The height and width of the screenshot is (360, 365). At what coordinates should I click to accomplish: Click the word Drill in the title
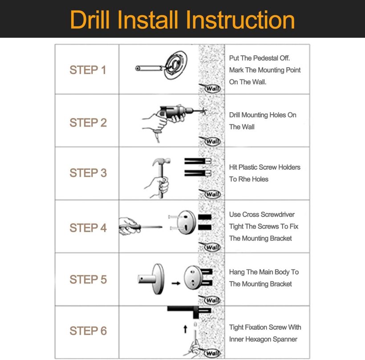[89, 20]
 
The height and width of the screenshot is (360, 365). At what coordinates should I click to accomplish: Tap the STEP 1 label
[88, 70]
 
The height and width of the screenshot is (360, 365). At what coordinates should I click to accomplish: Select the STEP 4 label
[88, 228]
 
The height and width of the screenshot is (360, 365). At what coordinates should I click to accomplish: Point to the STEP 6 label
[88, 331]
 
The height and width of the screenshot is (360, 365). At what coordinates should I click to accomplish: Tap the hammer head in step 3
[162, 161]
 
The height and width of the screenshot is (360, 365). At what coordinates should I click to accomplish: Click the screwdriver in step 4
[141, 227]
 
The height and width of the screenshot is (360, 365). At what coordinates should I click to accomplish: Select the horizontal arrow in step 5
[176, 283]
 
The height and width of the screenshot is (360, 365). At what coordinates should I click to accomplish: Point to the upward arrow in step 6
[185, 329]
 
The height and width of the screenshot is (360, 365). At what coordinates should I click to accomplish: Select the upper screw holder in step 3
[198, 161]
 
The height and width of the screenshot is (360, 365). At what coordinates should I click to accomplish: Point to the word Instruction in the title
[240, 20]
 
